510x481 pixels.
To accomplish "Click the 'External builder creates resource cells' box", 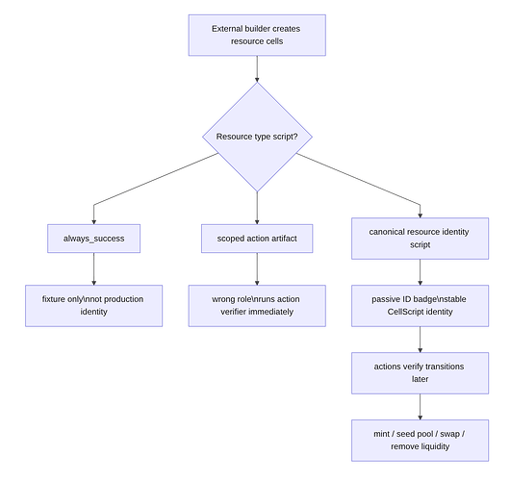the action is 257,36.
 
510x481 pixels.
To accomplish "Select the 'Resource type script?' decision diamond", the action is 257,137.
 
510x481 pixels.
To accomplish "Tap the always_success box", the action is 93,239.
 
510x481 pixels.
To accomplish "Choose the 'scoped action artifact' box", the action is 257,239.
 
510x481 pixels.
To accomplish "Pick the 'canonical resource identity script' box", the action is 420,239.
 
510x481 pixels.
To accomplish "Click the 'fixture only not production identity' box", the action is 93,306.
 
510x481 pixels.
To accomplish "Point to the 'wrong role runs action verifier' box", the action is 257,306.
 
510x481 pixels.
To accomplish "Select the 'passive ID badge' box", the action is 420,306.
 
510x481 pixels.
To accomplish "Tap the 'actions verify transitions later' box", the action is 420,373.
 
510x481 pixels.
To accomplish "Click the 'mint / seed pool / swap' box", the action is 420,441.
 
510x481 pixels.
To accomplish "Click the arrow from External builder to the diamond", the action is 257,69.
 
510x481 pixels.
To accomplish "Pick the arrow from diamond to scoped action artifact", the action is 257,208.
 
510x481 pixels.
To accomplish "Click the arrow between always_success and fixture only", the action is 93,269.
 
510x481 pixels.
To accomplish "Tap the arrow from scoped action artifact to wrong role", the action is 257,269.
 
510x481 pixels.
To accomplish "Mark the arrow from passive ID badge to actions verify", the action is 420,340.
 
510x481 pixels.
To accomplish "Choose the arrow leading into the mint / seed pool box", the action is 420,407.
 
